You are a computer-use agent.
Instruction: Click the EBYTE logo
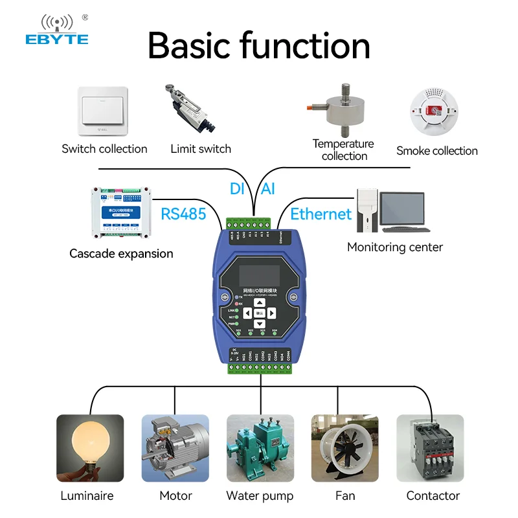[56, 30]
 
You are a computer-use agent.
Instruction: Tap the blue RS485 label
[183, 213]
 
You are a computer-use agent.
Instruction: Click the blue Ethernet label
[321, 214]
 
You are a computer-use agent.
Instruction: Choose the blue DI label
[237, 189]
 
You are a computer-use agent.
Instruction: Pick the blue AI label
[267, 189]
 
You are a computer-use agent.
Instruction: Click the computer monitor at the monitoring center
[402, 210]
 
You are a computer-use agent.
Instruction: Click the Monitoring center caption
[395, 247]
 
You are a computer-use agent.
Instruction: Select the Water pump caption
[260, 496]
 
